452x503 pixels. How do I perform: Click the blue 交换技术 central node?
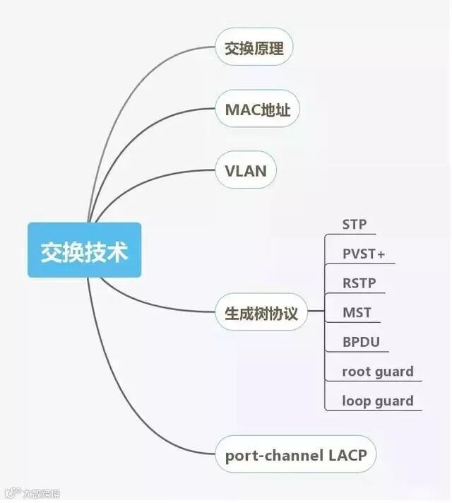(84, 250)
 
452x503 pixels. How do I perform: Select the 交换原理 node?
(254, 49)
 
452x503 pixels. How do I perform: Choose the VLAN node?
(245, 171)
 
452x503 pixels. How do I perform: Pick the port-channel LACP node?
(296, 454)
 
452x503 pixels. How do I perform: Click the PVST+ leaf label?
(364, 254)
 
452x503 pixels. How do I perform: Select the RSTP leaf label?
(359, 283)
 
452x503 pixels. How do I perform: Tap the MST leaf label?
(357, 312)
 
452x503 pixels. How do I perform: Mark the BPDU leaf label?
(361, 342)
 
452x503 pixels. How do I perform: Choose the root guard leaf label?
(378, 372)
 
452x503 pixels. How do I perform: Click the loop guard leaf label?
(378, 401)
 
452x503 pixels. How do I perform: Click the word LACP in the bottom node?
(347, 454)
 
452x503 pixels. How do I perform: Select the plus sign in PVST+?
(381, 254)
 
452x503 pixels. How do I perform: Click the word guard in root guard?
(395, 372)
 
